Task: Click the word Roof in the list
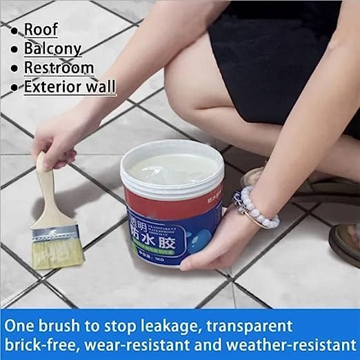click(41, 30)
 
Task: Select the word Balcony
click(53, 49)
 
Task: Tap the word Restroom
click(59, 68)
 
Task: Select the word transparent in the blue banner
click(254, 324)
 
